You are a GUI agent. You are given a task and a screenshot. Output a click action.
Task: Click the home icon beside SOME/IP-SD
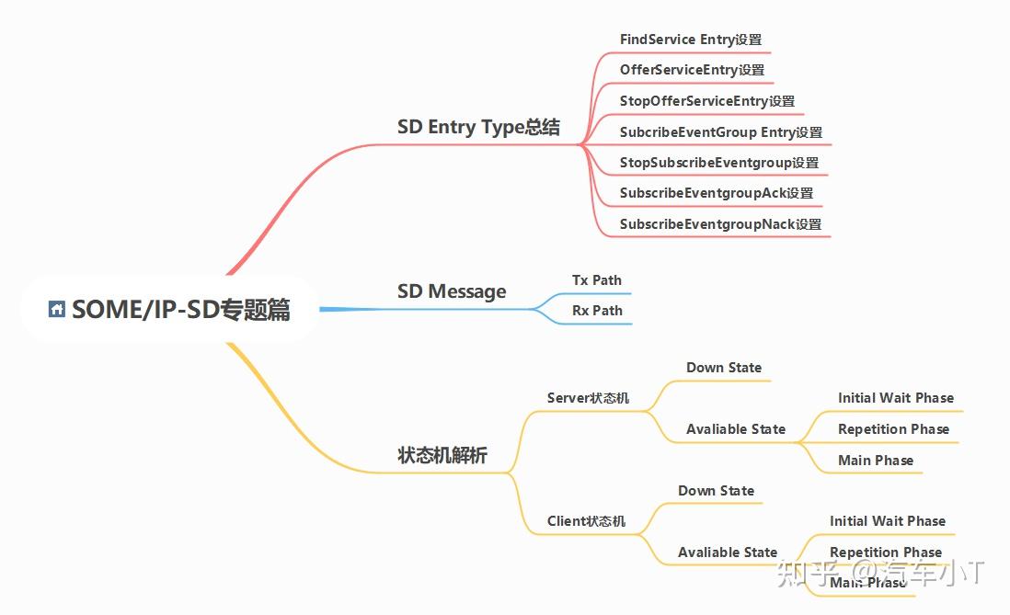tap(57, 310)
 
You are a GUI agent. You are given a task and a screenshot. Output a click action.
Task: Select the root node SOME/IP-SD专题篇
tap(180, 311)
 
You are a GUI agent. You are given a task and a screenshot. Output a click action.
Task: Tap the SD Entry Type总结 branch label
tap(478, 127)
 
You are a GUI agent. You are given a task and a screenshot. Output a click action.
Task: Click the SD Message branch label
tap(452, 291)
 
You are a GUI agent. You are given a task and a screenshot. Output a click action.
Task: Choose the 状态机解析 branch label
tap(442, 455)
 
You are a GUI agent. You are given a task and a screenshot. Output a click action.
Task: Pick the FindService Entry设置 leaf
tap(690, 40)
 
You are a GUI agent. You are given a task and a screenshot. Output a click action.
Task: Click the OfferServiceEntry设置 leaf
tap(692, 70)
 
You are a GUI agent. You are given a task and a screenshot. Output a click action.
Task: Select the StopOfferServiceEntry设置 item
tap(706, 101)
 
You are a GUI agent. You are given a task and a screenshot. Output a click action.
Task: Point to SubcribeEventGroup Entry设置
tap(720, 132)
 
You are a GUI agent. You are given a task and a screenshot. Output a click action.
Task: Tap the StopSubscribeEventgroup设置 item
tap(718, 163)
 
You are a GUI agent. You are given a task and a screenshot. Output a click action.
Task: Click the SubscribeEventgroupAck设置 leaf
tap(716, 193)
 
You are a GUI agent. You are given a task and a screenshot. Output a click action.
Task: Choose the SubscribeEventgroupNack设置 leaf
tap(720, 224)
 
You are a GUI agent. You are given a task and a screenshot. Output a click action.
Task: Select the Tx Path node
tap(596, 279)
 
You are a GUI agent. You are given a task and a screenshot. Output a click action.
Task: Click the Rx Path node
tap(597, 311)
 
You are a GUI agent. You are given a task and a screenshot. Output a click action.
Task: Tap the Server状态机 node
tap(588, 398)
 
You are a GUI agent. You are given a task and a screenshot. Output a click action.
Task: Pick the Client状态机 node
tap(586, 521)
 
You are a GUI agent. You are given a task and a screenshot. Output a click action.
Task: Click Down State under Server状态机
tap(723, 368)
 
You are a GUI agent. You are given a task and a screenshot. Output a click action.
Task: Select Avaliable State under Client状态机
tap(727, 552)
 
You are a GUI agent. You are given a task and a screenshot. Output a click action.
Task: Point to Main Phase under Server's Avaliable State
tap(875, 461)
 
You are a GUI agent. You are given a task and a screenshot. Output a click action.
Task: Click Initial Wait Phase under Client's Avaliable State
tap(887, 521)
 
